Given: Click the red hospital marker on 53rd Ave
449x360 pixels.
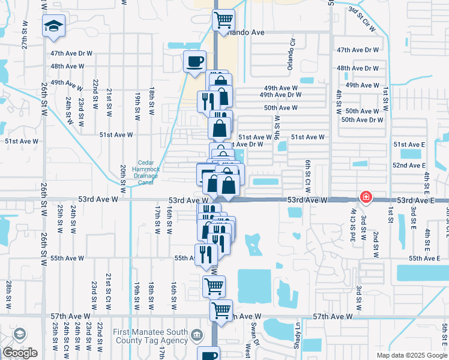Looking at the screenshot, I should click(365, 197).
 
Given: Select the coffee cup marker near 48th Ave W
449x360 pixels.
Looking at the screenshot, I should click(194, 61).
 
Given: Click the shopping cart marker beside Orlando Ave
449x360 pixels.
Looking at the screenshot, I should click(223, 19).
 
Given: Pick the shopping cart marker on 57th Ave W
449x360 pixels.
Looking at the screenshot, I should click(221, 310).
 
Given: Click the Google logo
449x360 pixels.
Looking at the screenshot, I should click(20, 353).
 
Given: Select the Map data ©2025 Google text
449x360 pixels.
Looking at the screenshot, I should click(412, 355).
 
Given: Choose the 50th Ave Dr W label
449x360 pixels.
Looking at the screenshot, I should click(362, 120).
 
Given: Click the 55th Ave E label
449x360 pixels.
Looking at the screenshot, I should click(424, 258).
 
